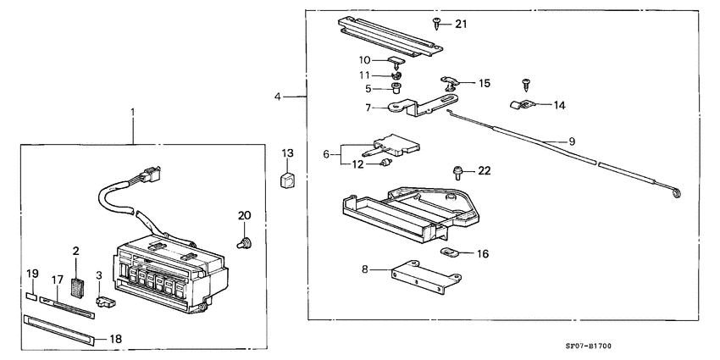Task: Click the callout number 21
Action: [x=461, y=24]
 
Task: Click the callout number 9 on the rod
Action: [x=572, y=140]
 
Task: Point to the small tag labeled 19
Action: [x=30, y=297]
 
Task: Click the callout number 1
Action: [x=132, y=113]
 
